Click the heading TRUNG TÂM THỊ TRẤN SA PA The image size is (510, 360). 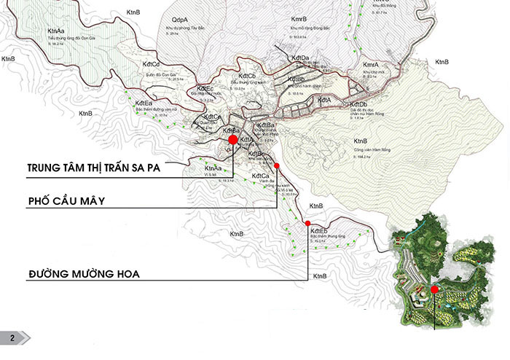(x=93, y=167)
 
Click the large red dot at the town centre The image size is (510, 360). (x=232, y=139)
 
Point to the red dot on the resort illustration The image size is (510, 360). (x=434, y=289)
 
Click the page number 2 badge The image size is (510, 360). (x=12, y=337)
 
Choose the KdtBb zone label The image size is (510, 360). (x=296, y=79)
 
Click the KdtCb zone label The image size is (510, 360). (x=246, y=76)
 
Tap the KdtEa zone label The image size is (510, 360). (x=144, y=103)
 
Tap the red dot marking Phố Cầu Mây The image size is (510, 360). (x=277, y=166)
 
